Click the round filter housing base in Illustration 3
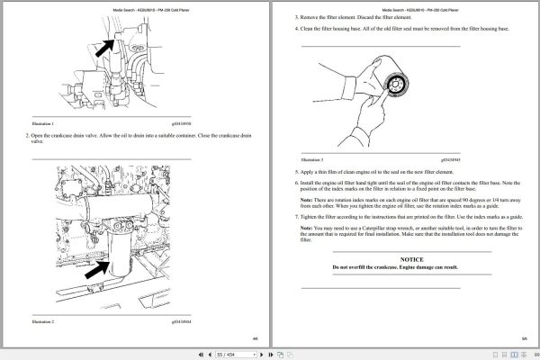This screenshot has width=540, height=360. click(392, 87)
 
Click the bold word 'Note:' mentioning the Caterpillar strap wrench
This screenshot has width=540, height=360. click(307, 229)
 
